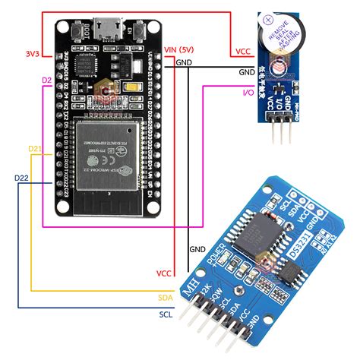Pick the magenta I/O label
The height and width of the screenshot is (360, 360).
coord(247,92)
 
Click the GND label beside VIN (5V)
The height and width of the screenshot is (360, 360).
coord(184,62)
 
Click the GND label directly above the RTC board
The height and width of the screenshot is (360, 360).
coord(197,248)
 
